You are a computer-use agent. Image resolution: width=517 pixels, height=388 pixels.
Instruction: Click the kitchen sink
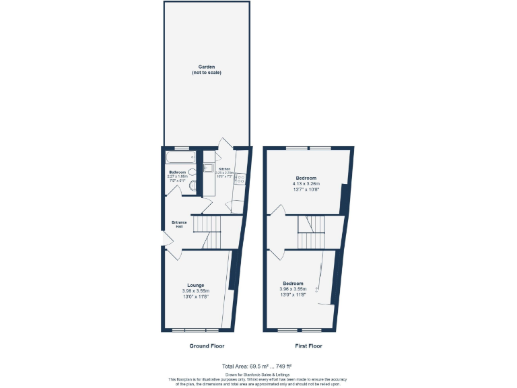click(208, 168)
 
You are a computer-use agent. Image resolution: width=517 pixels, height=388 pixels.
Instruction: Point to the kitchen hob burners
click(240, 179)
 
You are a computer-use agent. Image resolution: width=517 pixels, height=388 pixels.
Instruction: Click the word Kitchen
click(224, 169)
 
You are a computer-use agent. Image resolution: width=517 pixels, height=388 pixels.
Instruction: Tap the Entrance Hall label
click(179, 224)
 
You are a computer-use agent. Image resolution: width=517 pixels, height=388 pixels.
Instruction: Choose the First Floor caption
click(308, 346)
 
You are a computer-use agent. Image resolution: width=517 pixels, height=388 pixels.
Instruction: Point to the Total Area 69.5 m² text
click(258, 366)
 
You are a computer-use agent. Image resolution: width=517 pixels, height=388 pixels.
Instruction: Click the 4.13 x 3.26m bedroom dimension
click(306, 184)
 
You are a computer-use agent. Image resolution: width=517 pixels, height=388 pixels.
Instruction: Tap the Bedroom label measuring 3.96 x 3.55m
click(293, 284)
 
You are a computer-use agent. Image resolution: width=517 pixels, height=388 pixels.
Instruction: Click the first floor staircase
click(312, 232)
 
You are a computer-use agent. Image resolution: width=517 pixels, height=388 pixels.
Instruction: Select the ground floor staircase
click(208, 232)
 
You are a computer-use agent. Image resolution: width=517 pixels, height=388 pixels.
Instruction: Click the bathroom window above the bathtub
click(181, 148)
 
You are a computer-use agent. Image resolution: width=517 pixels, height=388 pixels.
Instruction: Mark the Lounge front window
click(195, 330)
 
